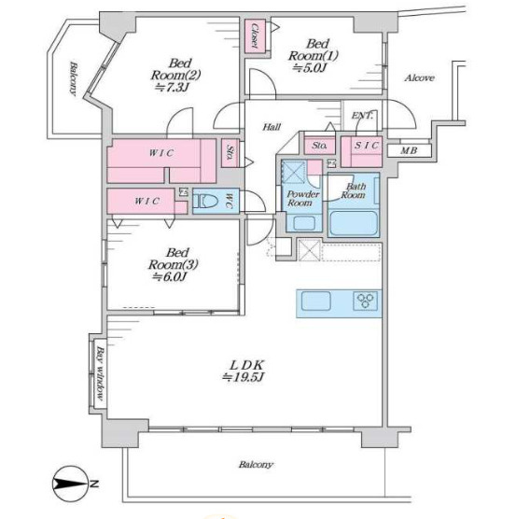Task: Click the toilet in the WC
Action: tap(205, 201)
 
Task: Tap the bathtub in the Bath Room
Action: tap(354, 223)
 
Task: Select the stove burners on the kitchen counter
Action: tap(365, 301)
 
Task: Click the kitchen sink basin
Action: tap(316, 301)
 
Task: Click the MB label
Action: tap(409, 151)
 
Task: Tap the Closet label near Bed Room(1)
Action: tap(255, 35)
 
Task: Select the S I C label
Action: tap(366, 146)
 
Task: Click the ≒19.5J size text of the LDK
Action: tap(244, 377)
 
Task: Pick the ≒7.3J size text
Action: tap(172, 88)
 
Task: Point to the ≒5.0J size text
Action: tap(310, 68)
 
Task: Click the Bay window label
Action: tap(100, 373)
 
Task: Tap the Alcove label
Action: tap(419, 78)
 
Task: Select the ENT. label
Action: tap(362, 116)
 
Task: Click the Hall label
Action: tap(272, 127)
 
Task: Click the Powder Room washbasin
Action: tap(303, 222)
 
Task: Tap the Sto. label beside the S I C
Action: tap(319, 146)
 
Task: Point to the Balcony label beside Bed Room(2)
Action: tap(73, 78)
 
